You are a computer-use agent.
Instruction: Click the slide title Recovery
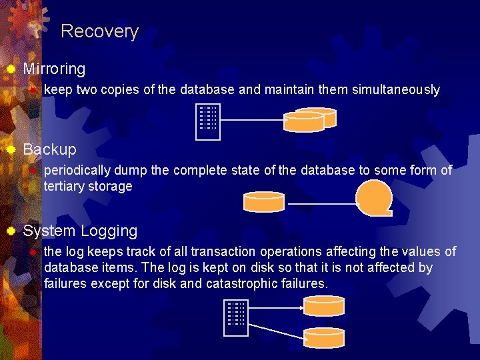[99, 31]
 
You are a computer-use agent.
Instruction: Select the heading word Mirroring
[54, 69]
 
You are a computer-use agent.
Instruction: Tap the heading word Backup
[49, 149]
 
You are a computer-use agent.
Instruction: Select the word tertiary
[66, 187]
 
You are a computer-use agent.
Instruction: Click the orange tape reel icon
[374, 197]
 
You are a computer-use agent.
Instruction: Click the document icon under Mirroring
[208, 122]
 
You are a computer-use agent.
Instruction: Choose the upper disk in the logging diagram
[324, 305]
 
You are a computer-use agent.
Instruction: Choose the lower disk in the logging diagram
[324, 336]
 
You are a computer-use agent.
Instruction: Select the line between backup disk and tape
[321, 203]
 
